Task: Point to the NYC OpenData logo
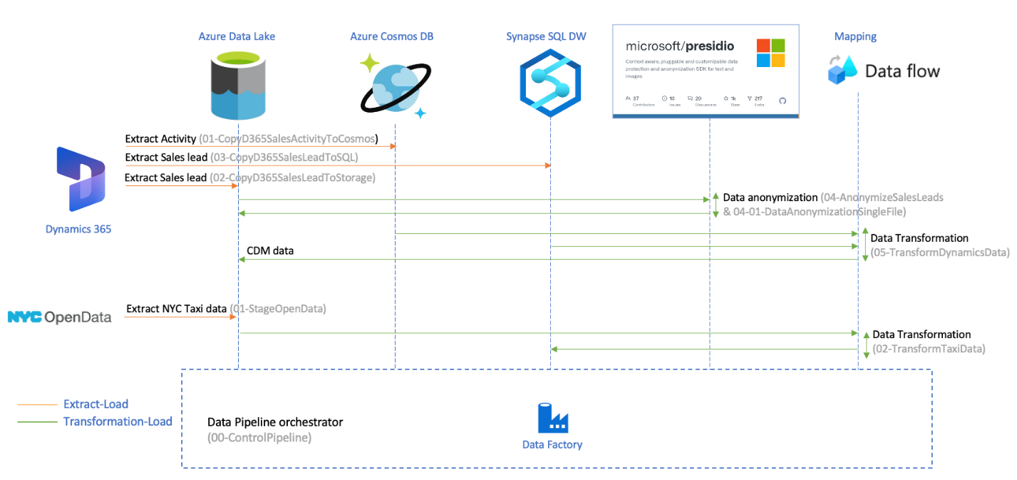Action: coord(60,317)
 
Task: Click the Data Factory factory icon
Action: coord(552,418)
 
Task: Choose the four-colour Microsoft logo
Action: coord(770,53)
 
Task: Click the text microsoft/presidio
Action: coord(679,46)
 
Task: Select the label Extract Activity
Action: coord(160,138)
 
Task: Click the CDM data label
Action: coord(270,251)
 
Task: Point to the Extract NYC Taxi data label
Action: coord(176,309)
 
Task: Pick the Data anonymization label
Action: coord(770,197)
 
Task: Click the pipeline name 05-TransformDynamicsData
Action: coord(940,252)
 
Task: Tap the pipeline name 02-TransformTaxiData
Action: coord(929,349)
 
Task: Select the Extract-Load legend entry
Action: coord(95,404)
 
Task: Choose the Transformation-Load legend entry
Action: coord(118,422)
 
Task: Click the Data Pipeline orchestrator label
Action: coord(274,422)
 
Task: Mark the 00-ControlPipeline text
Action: coord(259,438)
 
